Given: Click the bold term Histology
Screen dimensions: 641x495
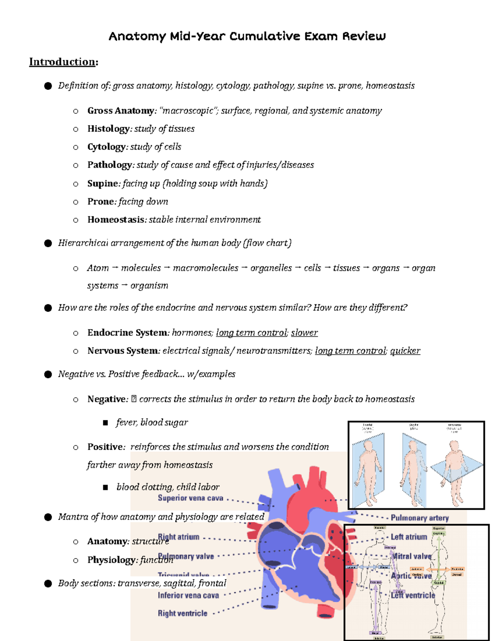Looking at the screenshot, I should tap(108, 129).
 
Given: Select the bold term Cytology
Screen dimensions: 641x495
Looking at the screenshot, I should tap(106, 147).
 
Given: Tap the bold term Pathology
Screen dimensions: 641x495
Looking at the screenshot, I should tap(109, 165).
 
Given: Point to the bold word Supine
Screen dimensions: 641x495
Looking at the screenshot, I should tap(103, 183).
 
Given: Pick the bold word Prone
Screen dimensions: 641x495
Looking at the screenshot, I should tap(101, 201).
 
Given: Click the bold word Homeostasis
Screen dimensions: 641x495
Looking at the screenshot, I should tap(115, 220).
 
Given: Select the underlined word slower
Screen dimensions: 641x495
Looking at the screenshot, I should tap(304, 333).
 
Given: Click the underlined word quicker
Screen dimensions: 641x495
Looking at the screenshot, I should tap(405, 351).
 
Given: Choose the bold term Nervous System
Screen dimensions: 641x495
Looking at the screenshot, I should tap(123, 351).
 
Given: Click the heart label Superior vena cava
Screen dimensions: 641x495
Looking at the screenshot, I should tap(190, 498).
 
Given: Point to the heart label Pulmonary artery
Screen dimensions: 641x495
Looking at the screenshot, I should tap(420, 518).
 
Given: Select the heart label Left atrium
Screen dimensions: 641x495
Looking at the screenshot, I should tap(409, 537).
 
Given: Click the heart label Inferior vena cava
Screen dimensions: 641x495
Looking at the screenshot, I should tap(188, 595).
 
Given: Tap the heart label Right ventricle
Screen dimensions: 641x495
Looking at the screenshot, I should tap(182, 613).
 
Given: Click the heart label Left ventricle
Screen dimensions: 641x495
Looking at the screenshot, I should tap(413, 595).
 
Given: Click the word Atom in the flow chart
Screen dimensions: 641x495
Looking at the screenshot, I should tap(98, 268).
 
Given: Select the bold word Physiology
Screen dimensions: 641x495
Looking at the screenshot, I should tap(111, 560).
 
